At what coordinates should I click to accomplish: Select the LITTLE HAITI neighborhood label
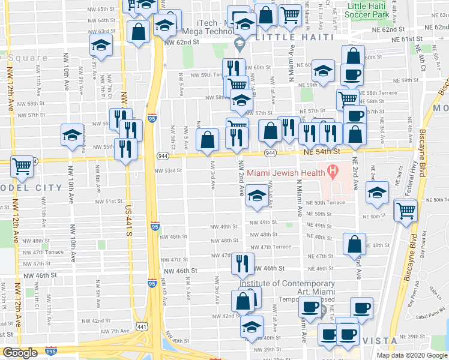pos(294,37)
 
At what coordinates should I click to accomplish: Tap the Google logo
pos(20,353)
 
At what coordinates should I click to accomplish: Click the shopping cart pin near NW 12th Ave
pos(22,166)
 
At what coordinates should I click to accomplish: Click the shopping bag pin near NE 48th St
pos(355,243)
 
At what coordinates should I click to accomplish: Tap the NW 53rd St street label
pos(169,170)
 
